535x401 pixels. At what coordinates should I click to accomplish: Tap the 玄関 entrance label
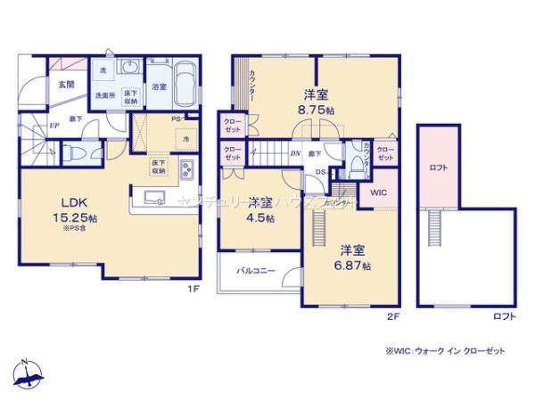(x=66, y=84)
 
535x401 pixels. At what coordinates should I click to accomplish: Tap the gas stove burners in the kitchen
(x=187, y=168)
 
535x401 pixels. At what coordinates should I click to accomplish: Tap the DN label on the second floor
(x=295, y=153)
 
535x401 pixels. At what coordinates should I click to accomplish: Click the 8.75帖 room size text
(x=316, y=110)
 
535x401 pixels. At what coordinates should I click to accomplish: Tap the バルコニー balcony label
(x=255, y=269)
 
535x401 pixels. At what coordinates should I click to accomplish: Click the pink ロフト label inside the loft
(x=437, y=167)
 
